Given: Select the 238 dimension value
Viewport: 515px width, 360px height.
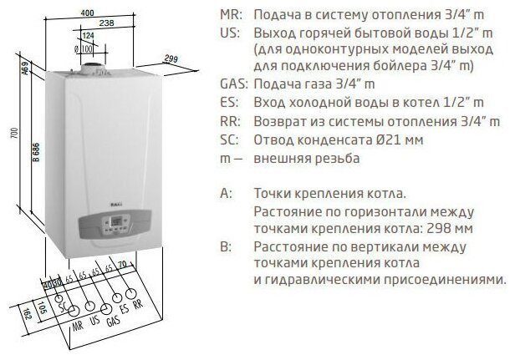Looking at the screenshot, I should pyautogui.click(x=105, y=23).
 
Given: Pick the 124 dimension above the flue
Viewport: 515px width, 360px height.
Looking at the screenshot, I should pyautogui.click(x=88, y=36).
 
